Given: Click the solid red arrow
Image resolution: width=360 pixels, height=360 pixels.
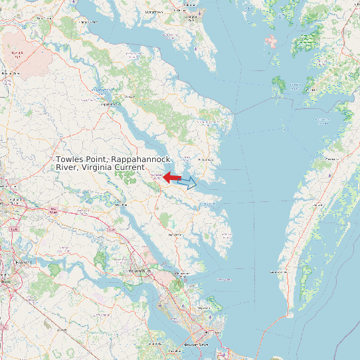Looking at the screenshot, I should click(172, 177).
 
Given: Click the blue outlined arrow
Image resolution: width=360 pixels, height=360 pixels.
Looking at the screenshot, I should click(188, 182).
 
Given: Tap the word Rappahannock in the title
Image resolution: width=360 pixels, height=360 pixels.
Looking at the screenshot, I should click(141, 160).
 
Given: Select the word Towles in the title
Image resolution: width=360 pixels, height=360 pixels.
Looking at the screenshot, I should click(69, 160).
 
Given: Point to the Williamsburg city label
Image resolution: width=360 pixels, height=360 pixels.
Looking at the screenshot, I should click(140, 272).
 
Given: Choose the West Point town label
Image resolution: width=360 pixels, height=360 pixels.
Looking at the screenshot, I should click(121, 205).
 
